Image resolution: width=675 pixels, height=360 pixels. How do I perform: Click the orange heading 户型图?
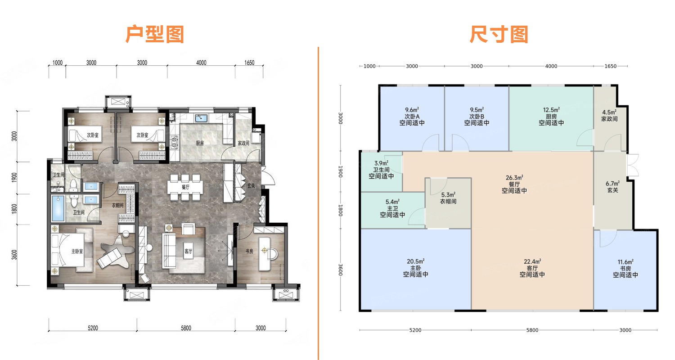pyautogui.click(x=155, y=35)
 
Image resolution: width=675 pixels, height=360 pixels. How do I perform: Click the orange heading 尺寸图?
pyautogui.click(x=499, y=35)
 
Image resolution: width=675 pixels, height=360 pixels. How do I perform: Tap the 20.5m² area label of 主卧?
pyautogui.click(x=415, y=261)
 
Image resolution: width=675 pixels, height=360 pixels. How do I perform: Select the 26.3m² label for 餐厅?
pyautogui.click(x=514, y=178)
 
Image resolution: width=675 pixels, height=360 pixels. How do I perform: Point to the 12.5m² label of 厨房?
pyautogui.click(x=551, y=110)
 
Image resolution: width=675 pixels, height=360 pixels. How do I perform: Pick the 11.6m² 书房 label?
pyautogui.click(x=625, y=262)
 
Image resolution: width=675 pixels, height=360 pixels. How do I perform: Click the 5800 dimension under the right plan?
pyautogui.click(x=532, y=330)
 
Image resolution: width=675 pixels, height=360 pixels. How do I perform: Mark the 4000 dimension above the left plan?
pyautogui.click(x=201, y=63)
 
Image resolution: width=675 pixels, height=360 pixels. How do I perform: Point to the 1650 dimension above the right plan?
pyautogui.click(x=611, y=66)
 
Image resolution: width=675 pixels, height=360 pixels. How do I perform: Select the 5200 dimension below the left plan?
pyautogui.click(x=93, y=328)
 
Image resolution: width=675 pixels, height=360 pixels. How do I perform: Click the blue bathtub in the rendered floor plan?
pyautogui.click(x=58, y=208)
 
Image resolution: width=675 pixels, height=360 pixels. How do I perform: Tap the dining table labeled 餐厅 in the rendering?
pyautogui.click(x=185, y=187)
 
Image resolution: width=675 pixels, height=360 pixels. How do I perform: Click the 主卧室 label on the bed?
pyautogui.click(x=77, y=251)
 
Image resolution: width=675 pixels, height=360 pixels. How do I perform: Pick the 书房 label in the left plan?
pyautogui.click(x=249, y=251)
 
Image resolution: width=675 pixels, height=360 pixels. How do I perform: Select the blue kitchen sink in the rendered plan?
pyautogui.click(x=201, y=118)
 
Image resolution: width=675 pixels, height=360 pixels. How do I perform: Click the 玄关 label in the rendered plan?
pyautogui.click(x=251, y=186)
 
